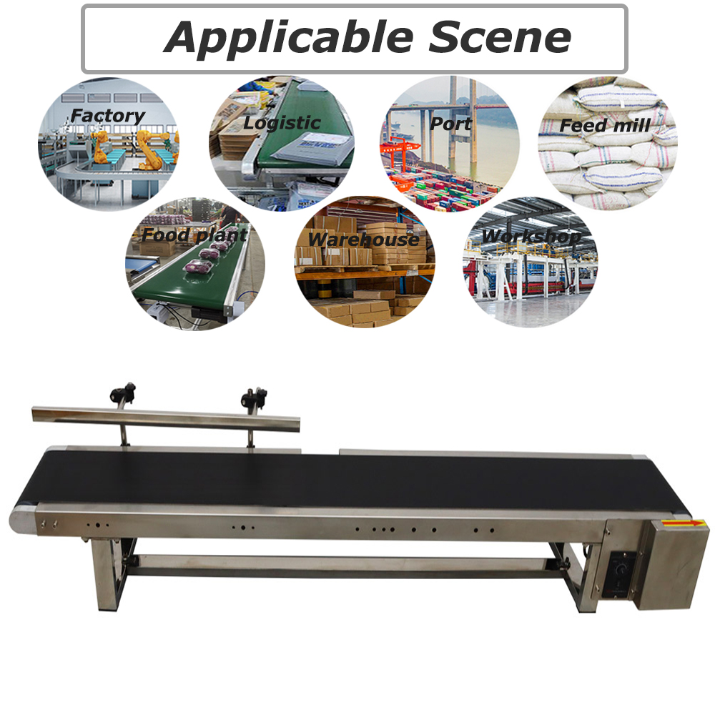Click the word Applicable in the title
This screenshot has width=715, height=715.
click(x=289, y=39)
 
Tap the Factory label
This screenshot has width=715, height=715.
click(x=108, y=117)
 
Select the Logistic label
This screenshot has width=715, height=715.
click(x=282, y=123)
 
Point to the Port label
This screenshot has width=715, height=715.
click(x=450, y=124)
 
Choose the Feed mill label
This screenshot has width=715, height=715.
click(x=605, y=125)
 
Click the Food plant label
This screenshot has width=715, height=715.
click(x=194, y=235)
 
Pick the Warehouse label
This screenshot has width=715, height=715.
click(x=363, y=240)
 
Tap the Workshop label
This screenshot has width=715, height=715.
click(x=532, y=236)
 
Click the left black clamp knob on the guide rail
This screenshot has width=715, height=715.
click(x=122, y=393)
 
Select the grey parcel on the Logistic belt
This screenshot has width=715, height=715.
click(x=312, y=147)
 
